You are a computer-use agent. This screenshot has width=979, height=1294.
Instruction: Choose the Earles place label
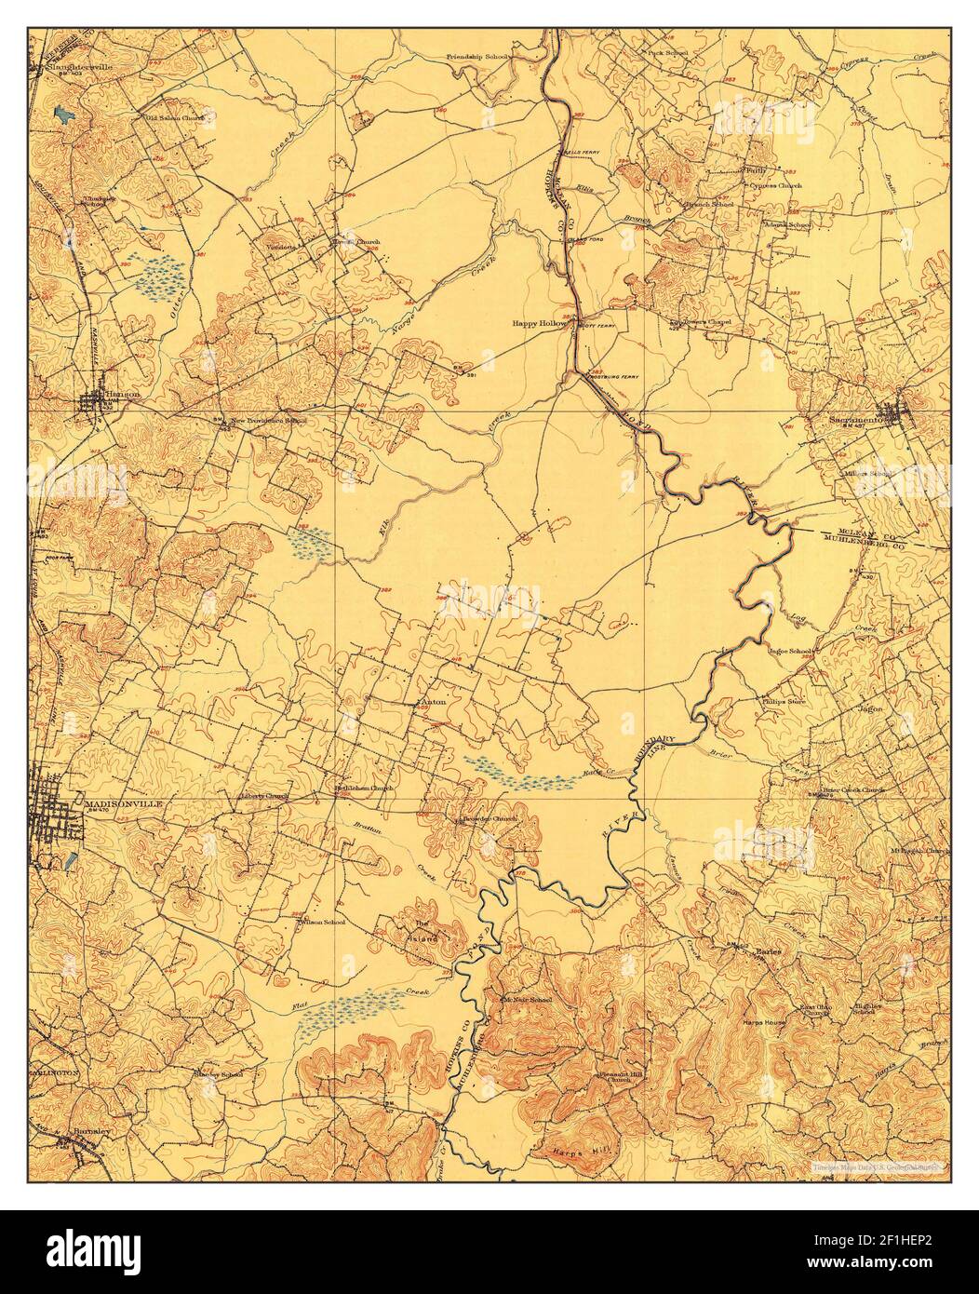coord(768,951)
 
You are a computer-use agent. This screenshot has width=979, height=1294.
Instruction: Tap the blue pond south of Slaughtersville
coord(63,115)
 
